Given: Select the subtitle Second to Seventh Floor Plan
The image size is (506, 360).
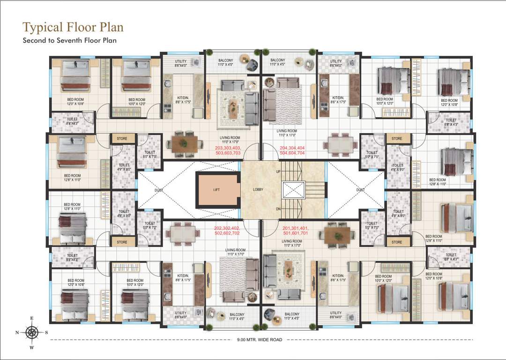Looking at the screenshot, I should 70,40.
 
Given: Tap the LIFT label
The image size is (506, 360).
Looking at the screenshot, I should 216,190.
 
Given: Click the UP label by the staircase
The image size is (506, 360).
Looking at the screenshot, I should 278,172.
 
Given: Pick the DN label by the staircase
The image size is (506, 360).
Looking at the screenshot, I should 278,209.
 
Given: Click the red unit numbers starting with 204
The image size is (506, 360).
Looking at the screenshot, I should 292,150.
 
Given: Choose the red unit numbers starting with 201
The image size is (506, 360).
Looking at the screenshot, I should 296,230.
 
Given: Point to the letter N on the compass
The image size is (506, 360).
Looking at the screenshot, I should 17,332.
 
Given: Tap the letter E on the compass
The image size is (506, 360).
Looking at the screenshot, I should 32,318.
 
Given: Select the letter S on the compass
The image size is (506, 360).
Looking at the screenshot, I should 46,332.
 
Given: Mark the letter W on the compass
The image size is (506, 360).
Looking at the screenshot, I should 32,347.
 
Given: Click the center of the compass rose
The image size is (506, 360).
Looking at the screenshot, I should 32,332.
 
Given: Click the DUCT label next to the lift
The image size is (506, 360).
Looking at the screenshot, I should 158,190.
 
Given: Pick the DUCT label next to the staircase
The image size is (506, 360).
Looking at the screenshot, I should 360,190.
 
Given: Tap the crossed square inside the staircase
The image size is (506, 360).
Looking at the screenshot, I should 293,190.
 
